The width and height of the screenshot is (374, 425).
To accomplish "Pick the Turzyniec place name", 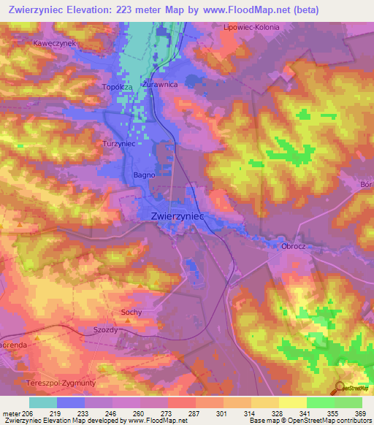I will [119, 144].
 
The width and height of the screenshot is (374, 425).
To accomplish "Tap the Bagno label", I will [143, 175].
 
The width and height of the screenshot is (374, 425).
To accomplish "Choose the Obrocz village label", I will [292, 247].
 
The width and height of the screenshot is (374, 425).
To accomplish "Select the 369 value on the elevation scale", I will [359, 413].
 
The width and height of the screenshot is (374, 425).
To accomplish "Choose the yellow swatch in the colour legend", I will [293, 402].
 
